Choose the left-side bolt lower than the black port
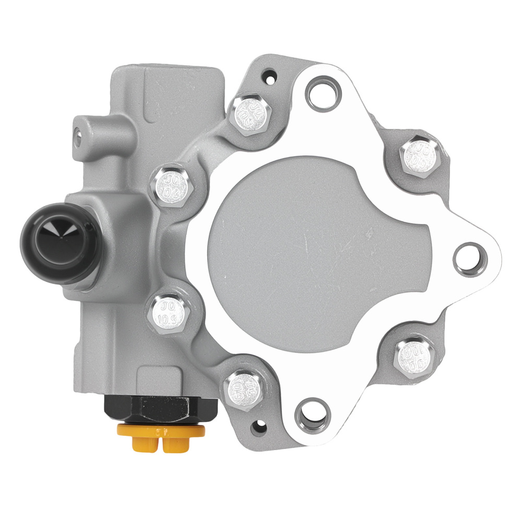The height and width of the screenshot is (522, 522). pyautogui.click(x=170, y=312)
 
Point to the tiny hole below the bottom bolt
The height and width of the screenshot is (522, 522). pyautogui.click(x=257, y=429)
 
